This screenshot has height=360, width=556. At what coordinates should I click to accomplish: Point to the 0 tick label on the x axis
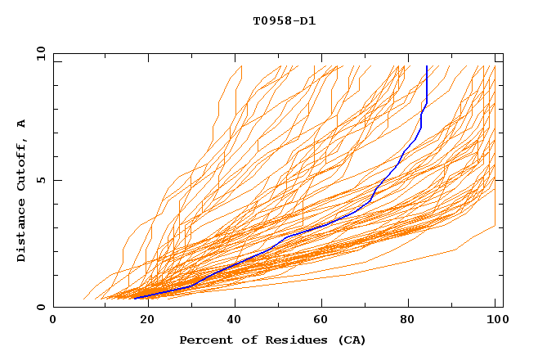pyautogui.click(x=53, y=321)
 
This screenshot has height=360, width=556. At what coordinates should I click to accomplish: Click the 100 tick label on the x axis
pyautogui.click(x=495, y=321)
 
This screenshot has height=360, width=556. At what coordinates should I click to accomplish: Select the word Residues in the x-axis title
pyautogui.click(x=293, y=340)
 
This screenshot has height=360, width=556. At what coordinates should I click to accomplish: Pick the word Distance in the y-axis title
pyautogui.click(x=22, y=233)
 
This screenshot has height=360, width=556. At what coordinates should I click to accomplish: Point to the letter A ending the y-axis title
pyautogui.click(x=22, y=124)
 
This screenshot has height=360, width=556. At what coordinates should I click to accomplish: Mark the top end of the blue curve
pyautogui.click(x=427, y=66)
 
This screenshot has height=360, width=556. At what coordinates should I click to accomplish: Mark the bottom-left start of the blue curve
pyautogui.click(x=135, y=299)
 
